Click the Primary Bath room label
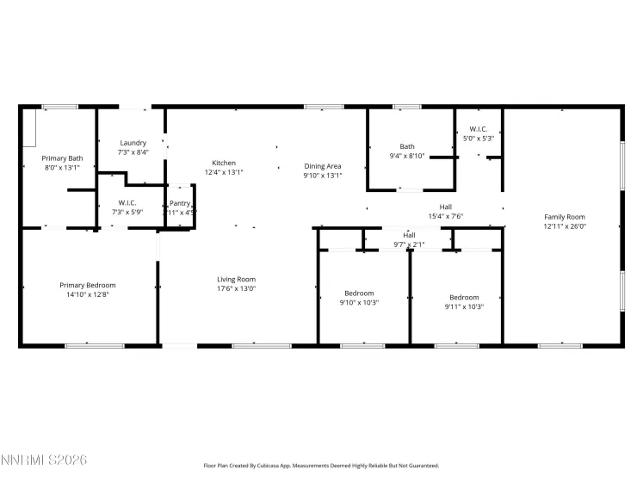(63, 158)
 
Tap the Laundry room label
(133, 143)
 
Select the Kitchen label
(224, 163)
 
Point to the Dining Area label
(323, 166)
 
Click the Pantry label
(180, 203)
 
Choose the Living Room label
(236, 279)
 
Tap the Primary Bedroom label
(87, 285)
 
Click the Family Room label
(564, 217)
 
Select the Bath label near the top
(406, 146)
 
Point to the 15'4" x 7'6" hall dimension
(446, 217)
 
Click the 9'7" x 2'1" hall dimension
(410, 244)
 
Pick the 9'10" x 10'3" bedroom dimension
(359, 303)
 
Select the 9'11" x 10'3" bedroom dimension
(464, 306)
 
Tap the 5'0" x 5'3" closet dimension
(479, 138)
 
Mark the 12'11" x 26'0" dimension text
(564, 226)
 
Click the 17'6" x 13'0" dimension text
(236, 288)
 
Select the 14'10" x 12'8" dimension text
(87, 294)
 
